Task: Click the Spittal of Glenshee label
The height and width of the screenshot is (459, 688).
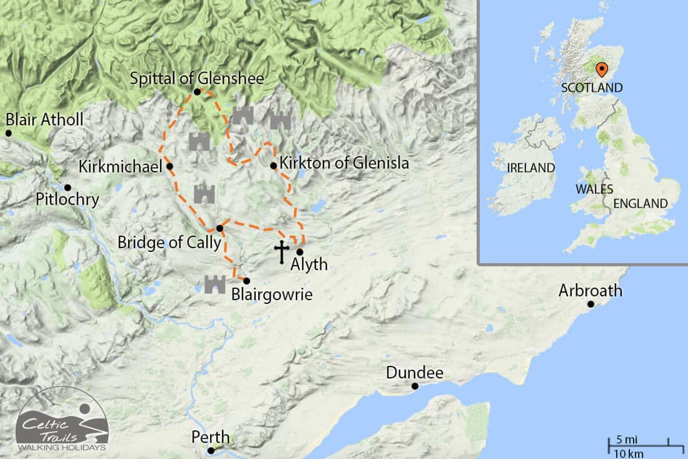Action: coord(197,78)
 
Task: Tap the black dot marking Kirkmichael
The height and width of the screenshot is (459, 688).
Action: coord(170,166)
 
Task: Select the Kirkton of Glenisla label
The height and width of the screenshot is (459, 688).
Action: coord(344,163)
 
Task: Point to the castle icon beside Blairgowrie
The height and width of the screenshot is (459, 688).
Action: coord(215,284)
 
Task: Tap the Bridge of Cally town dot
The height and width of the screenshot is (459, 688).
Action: coord(220,228)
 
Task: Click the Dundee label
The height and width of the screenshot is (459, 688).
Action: coord(415,373)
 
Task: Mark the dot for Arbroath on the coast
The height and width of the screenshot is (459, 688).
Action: coord(591,304)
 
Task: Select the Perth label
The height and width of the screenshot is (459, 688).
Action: coord(210,437)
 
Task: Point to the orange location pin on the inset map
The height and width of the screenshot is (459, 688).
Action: coord(601,69)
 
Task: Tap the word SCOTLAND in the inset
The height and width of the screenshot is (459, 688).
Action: coord(592,88)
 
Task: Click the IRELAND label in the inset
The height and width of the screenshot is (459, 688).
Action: coord(531,168)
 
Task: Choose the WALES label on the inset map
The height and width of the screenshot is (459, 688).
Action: coord(594,189)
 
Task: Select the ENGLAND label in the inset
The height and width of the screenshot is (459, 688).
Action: coord(640,204)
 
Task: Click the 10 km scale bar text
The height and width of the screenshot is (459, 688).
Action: coord(629,453)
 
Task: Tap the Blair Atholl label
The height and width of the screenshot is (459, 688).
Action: coord(44,120)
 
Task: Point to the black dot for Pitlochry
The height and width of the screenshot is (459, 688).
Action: coord(67,188)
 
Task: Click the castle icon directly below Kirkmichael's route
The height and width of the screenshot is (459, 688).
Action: coord(204,194)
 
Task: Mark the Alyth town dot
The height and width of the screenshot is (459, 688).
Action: coord(300,252)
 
